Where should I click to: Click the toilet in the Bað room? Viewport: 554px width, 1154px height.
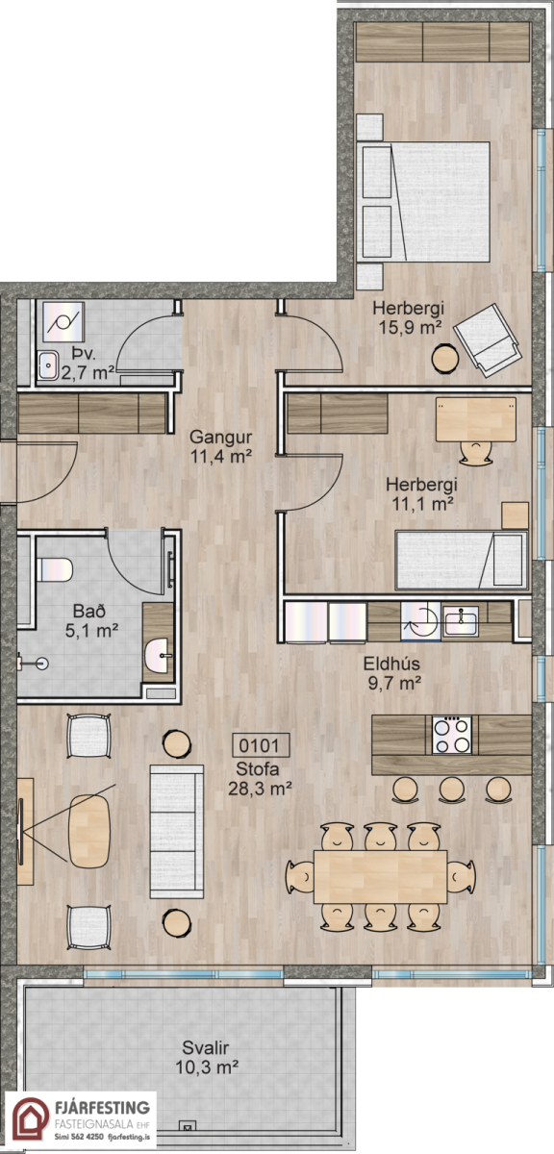54,569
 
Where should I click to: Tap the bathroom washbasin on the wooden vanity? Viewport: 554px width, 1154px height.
157,656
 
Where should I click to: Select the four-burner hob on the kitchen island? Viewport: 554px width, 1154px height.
452,736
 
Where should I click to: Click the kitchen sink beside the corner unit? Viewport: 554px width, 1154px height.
462,622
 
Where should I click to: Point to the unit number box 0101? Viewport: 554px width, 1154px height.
261,745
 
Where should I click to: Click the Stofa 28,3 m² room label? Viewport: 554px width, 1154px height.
260,778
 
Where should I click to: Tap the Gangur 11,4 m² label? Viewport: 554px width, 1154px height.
221,446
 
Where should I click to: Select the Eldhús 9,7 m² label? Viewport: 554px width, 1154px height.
392,673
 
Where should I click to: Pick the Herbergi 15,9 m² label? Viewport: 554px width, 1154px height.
408,318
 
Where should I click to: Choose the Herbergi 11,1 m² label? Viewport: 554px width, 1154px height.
422,493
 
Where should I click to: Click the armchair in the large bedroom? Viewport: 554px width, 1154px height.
487,340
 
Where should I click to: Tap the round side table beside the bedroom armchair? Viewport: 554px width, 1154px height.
445,359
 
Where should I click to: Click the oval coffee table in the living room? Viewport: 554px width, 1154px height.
89,831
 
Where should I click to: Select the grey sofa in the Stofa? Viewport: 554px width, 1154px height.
177,832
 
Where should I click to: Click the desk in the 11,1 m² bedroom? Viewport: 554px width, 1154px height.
476,419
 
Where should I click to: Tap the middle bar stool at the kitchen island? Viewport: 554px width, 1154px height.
452,789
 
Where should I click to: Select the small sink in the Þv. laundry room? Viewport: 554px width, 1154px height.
48,365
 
